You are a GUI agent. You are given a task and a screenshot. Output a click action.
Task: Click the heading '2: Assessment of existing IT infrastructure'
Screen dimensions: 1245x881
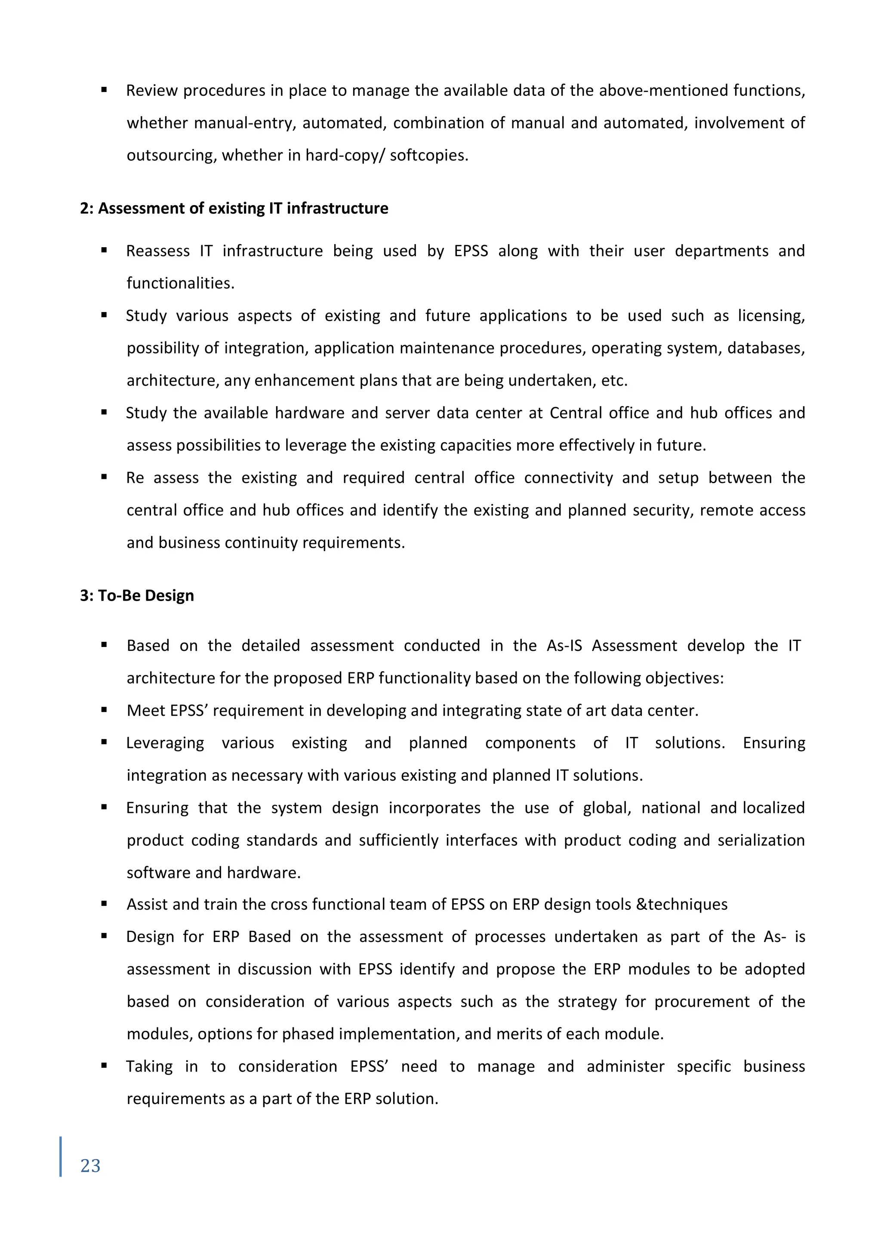click(x=234, y=208)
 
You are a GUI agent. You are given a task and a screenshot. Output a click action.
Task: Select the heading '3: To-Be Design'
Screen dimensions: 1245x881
click(x=137, y=595)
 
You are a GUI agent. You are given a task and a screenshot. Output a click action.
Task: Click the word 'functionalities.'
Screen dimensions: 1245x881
click(x=181, y=283)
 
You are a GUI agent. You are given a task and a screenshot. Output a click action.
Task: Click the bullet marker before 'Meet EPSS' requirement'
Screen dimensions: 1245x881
click(x=104, y=710)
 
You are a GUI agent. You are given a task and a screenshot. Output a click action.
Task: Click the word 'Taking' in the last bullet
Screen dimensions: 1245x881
click(x=149, y=1066)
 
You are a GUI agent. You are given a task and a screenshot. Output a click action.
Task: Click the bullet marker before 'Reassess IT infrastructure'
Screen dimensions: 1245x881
click(x=104, y=251)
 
